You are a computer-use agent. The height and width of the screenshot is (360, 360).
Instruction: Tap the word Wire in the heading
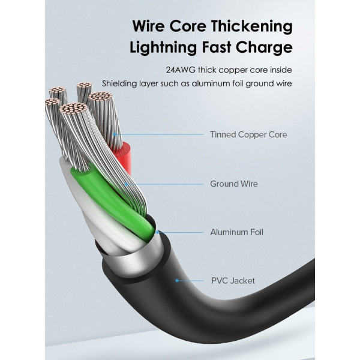(x=151, y=27)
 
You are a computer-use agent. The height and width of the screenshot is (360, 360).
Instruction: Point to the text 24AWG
(x=179, y=69)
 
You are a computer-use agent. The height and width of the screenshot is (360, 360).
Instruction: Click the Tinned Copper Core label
(x=248, y=134)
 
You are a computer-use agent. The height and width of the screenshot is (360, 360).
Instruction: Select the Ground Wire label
(x=234, y=184)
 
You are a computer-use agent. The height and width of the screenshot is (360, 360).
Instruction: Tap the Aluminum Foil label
(x=236, y=232)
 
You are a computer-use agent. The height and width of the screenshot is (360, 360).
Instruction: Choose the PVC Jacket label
(x=233, y=280)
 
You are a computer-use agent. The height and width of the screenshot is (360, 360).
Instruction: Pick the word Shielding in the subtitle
(x=119, y=83)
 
